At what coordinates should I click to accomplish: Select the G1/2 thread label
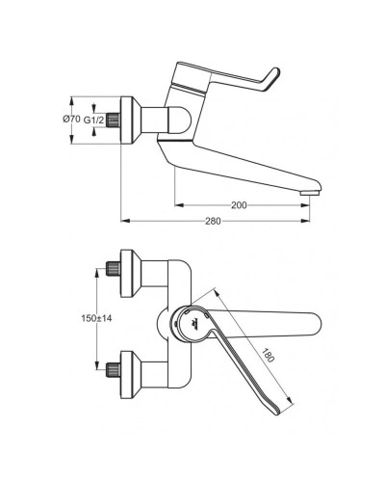click(x=94, y=119)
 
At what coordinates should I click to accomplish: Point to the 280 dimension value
click(x=214, y=222)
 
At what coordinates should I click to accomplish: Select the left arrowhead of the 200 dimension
click(x=179, y=205)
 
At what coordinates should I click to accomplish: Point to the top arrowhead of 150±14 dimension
click(x=97, y=273)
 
